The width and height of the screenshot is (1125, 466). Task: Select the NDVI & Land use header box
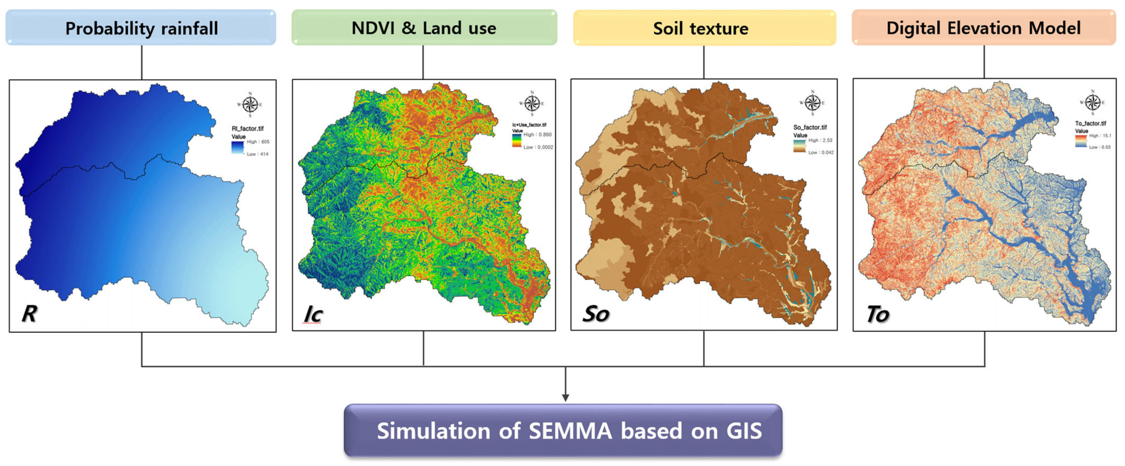point(424,28)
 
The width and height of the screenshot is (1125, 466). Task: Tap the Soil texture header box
point(704,28)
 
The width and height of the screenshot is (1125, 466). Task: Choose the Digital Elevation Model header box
point(984,28)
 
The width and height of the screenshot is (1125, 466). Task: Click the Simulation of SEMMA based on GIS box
point(563,431)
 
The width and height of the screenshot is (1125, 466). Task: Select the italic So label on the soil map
point(596,314)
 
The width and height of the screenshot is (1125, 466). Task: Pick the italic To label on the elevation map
point(877,314)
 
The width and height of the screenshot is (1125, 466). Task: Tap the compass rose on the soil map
point(812,103)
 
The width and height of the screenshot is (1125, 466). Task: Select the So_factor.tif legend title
point(810,127)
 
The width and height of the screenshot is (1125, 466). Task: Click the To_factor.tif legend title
point(1091,124)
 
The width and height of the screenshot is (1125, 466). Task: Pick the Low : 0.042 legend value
point(821,153)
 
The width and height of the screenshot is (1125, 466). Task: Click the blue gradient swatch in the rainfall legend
point(238,147)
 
